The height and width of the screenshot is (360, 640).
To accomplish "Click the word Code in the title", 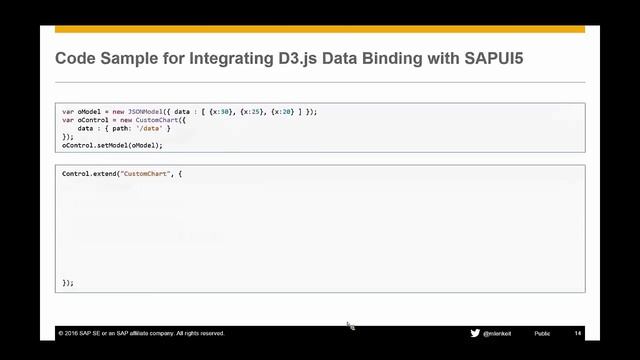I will click(75, 60).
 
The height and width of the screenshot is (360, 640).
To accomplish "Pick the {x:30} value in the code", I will click(217, 112).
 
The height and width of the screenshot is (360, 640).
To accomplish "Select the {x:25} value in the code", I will click(245, 112).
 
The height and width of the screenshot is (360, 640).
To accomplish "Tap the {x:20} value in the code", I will click(273, 112).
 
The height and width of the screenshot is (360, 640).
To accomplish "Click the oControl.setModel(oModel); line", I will click(112, 145).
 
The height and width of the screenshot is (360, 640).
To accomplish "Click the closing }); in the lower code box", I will click(68, 282).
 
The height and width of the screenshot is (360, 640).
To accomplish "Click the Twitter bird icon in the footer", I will click(474, 333).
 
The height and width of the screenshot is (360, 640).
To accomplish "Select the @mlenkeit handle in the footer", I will click(501, 333).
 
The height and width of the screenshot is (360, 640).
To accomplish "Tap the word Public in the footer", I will click(542, 333).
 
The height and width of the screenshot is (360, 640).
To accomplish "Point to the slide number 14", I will click(578, 333).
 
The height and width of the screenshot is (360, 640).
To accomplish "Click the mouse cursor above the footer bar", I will click(350, 325).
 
